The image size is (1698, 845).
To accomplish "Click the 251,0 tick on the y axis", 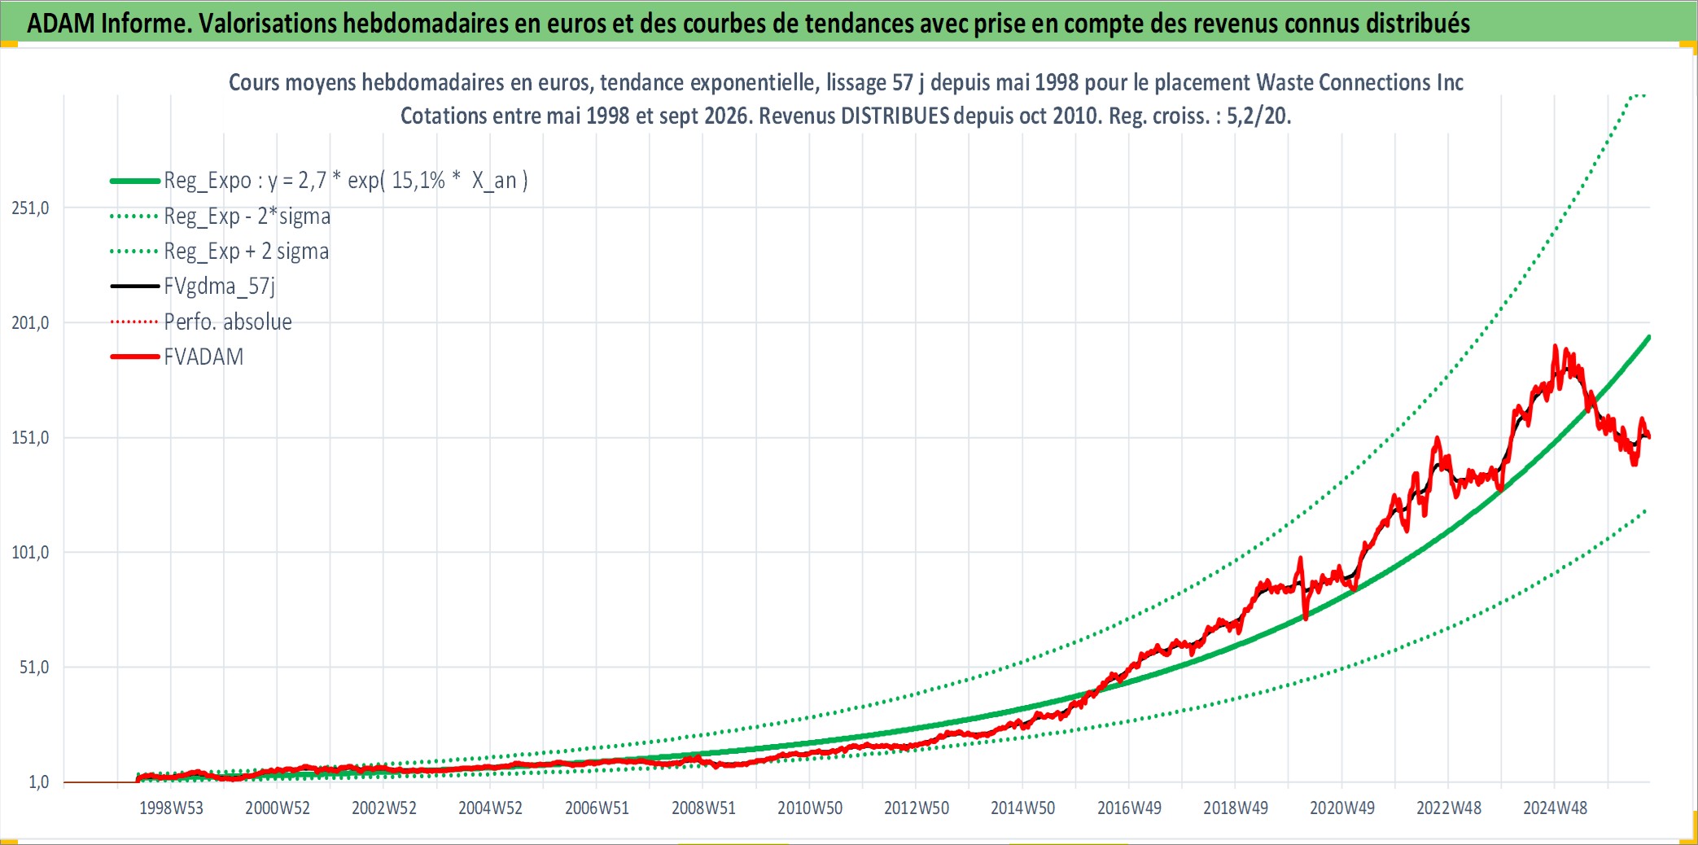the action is (30, 208).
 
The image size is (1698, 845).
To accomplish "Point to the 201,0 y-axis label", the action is (30, 323).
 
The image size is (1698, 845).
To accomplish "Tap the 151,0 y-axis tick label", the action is (30, 438).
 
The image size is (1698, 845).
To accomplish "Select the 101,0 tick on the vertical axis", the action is (30, 553).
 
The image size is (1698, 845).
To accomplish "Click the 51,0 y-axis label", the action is (34, 668).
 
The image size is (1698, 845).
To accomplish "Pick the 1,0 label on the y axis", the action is (39, 782).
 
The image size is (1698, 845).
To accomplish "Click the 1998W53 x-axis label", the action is (171, 808).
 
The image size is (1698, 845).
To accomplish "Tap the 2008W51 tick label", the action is (703, 808).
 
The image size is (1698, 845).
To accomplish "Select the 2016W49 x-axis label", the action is (1129, 808).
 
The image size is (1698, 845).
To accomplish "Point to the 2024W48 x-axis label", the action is (1555, 808).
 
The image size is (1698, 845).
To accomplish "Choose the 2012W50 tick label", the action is (917, 808).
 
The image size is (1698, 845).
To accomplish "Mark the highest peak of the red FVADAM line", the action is (1555, 346).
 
